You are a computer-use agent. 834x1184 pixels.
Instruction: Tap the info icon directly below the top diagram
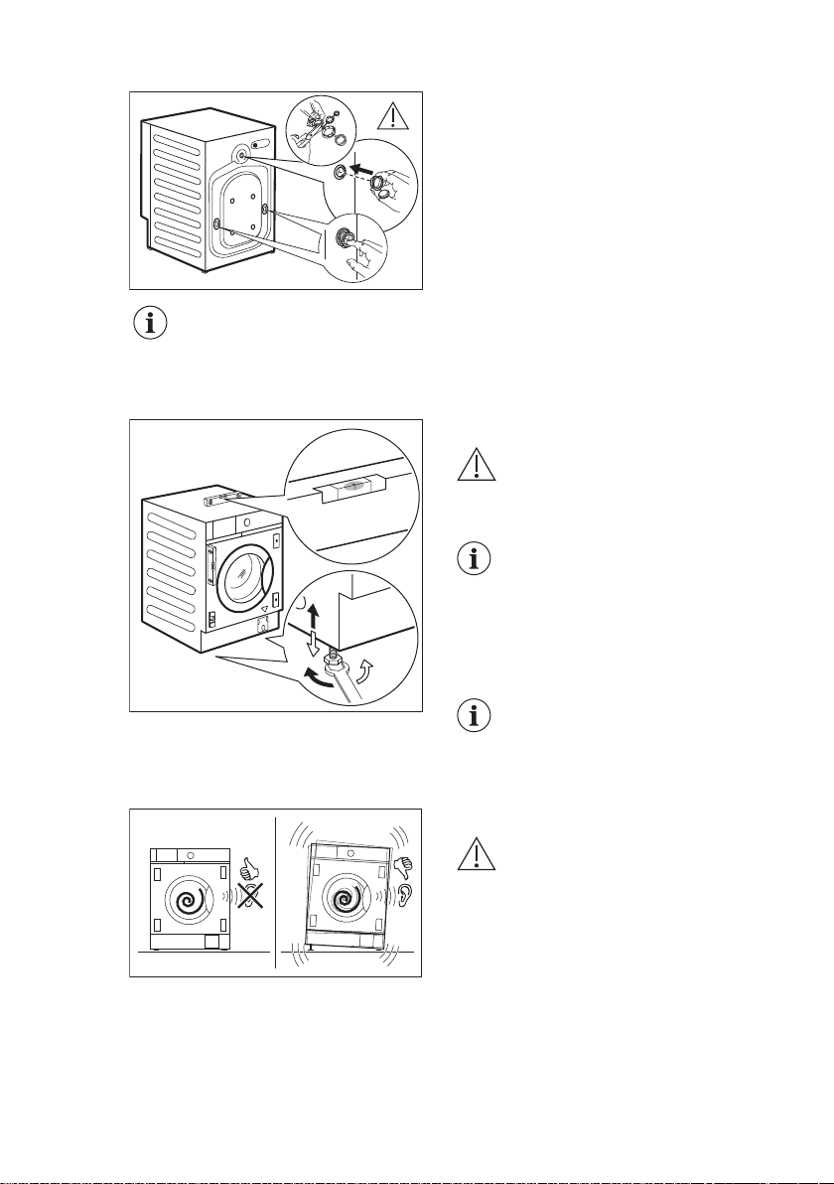coord(151,326)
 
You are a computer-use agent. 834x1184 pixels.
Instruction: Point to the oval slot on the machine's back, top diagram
coord(262,143)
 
